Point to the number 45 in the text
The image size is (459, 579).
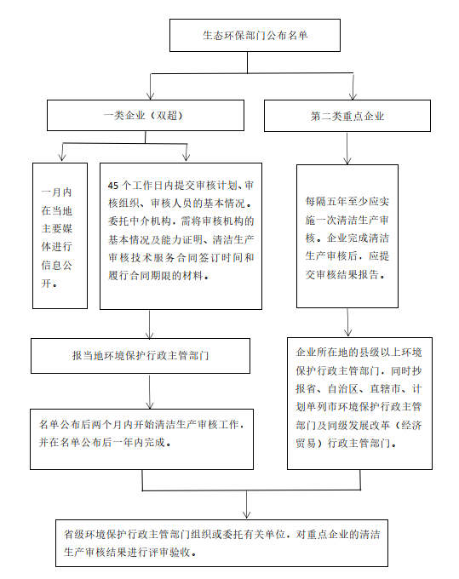(113, 186)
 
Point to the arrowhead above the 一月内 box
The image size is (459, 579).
(62, 158)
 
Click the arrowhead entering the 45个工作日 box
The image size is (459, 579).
(186, 158)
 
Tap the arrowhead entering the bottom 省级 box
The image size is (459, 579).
(247, 514)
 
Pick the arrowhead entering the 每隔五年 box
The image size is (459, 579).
(347, 160)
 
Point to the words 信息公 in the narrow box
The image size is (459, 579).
(56, 265)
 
